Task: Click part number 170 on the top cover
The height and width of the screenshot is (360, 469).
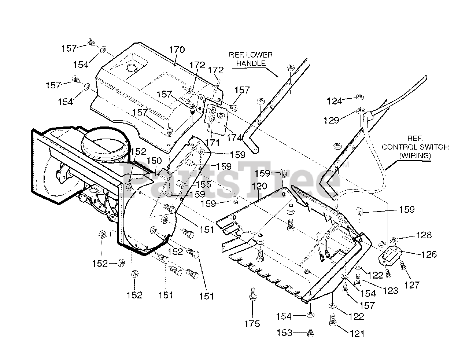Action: coord(177,49)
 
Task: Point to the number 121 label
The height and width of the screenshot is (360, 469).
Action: coord(358,333)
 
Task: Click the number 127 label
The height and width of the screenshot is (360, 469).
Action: coord(412,284)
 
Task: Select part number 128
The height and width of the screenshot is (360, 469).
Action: coord(424,235)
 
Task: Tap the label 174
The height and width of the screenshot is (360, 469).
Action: coord(234,138)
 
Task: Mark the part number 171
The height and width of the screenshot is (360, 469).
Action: coord(213,143)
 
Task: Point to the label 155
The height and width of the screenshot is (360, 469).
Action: coord(203,184)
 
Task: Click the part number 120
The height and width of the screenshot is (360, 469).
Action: coord(260,187)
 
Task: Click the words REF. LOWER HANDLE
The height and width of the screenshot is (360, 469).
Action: coord(251,59)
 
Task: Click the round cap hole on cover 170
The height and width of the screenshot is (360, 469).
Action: coord(131,69)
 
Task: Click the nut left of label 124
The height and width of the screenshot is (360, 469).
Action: coord(359,98)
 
